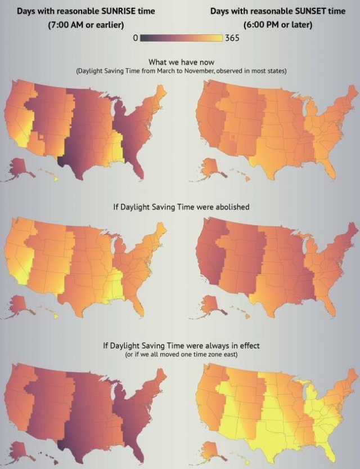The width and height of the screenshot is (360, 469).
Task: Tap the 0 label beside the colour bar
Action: coord(136,38)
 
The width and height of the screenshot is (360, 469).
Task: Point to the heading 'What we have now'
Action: coord(179,62)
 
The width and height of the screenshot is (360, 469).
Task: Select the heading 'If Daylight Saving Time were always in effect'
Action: coord(180,345)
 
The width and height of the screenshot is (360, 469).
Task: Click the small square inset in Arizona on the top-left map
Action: coord(40,136)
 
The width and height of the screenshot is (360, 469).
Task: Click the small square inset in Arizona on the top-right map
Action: coord(233,137)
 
